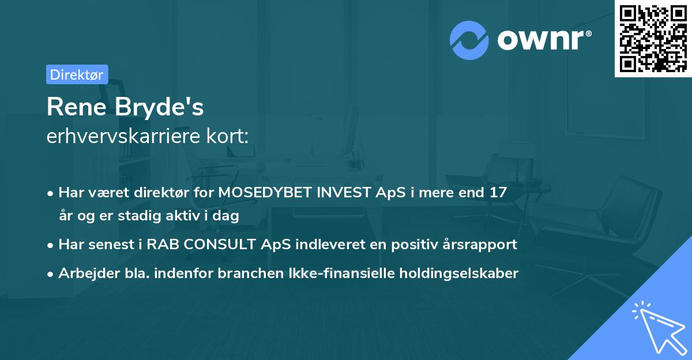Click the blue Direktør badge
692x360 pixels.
click(77, 74)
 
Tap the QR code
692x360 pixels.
click(653, 38)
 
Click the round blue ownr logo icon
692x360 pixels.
click(469, 40)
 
